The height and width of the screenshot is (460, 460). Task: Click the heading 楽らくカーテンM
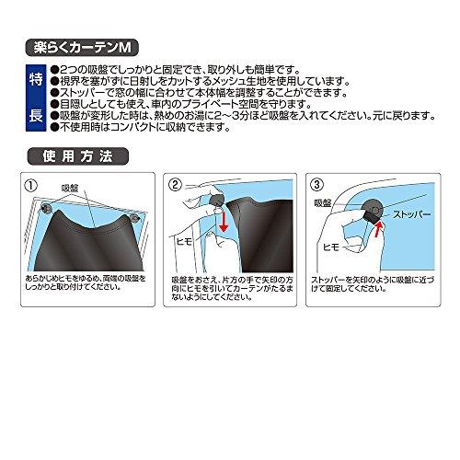tap(82, 48)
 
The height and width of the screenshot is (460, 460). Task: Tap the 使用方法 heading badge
tap(78, 156)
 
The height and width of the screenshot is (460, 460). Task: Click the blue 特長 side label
tap(36, 98)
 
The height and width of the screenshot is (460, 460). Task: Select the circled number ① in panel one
tap(31, 186)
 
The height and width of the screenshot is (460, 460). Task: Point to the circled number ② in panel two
tap(176, 185)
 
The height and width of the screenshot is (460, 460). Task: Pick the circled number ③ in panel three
tap(316, 184)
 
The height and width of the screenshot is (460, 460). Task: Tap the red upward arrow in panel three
tap(377, 230)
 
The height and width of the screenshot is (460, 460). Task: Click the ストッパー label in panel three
tap(412, 214)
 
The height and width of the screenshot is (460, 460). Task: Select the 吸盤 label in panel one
tap(70, 188)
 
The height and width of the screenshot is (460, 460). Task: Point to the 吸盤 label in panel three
tap(323, 202)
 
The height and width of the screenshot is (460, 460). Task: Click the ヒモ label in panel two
tap(184, 242)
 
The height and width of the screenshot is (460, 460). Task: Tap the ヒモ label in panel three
tap(331, 247)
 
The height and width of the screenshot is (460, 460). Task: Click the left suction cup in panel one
tap(47, 208)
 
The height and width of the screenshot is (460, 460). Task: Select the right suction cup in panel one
tap(135, 218)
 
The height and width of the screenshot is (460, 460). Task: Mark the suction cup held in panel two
tap(216, 200)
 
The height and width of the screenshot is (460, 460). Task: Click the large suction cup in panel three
tap(373, 210)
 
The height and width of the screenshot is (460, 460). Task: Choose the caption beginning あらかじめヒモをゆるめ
tap(86, 283)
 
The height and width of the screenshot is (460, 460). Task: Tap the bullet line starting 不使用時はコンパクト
tap(141, 127)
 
